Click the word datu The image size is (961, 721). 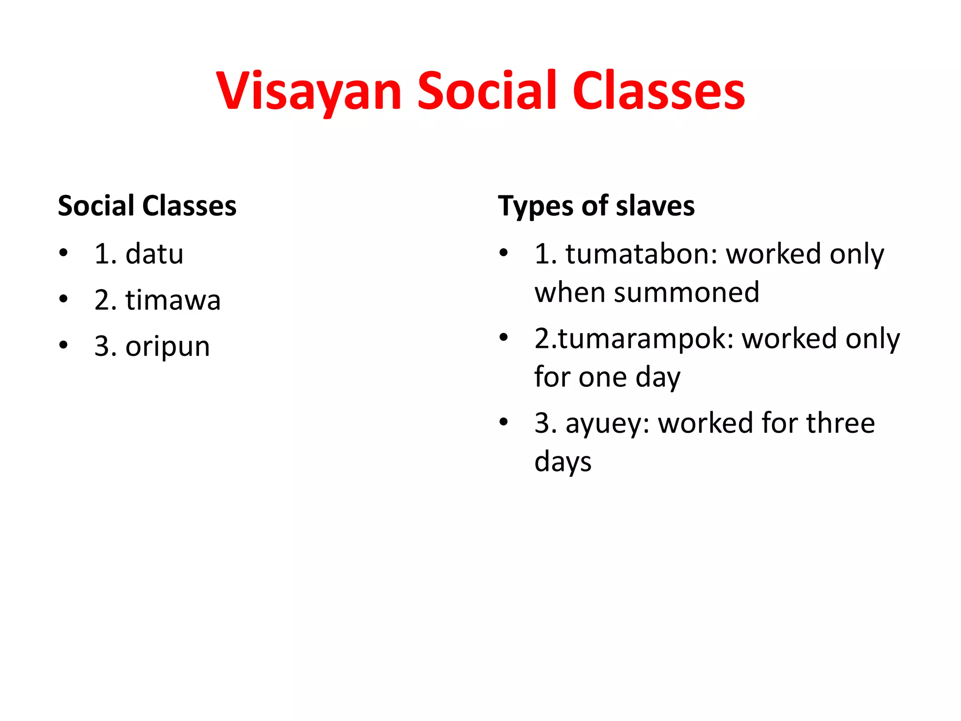pyautogui.click(x=154, y=254)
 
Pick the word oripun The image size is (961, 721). pyautogui.click(x=168, y=347)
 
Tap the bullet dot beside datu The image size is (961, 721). pyautogui.click(x=63, y=253)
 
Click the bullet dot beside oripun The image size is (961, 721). pyautogui.click(x=63, y=346)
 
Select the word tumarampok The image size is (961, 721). pyautogui.click(x=645, y=338)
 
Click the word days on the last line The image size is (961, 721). pyautogui.click(x=563, y=461)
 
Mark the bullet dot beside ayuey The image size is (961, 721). pyautogui.click(x=503, y=422)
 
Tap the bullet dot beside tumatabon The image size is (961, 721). pyautogui.click(x=503, y=253)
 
